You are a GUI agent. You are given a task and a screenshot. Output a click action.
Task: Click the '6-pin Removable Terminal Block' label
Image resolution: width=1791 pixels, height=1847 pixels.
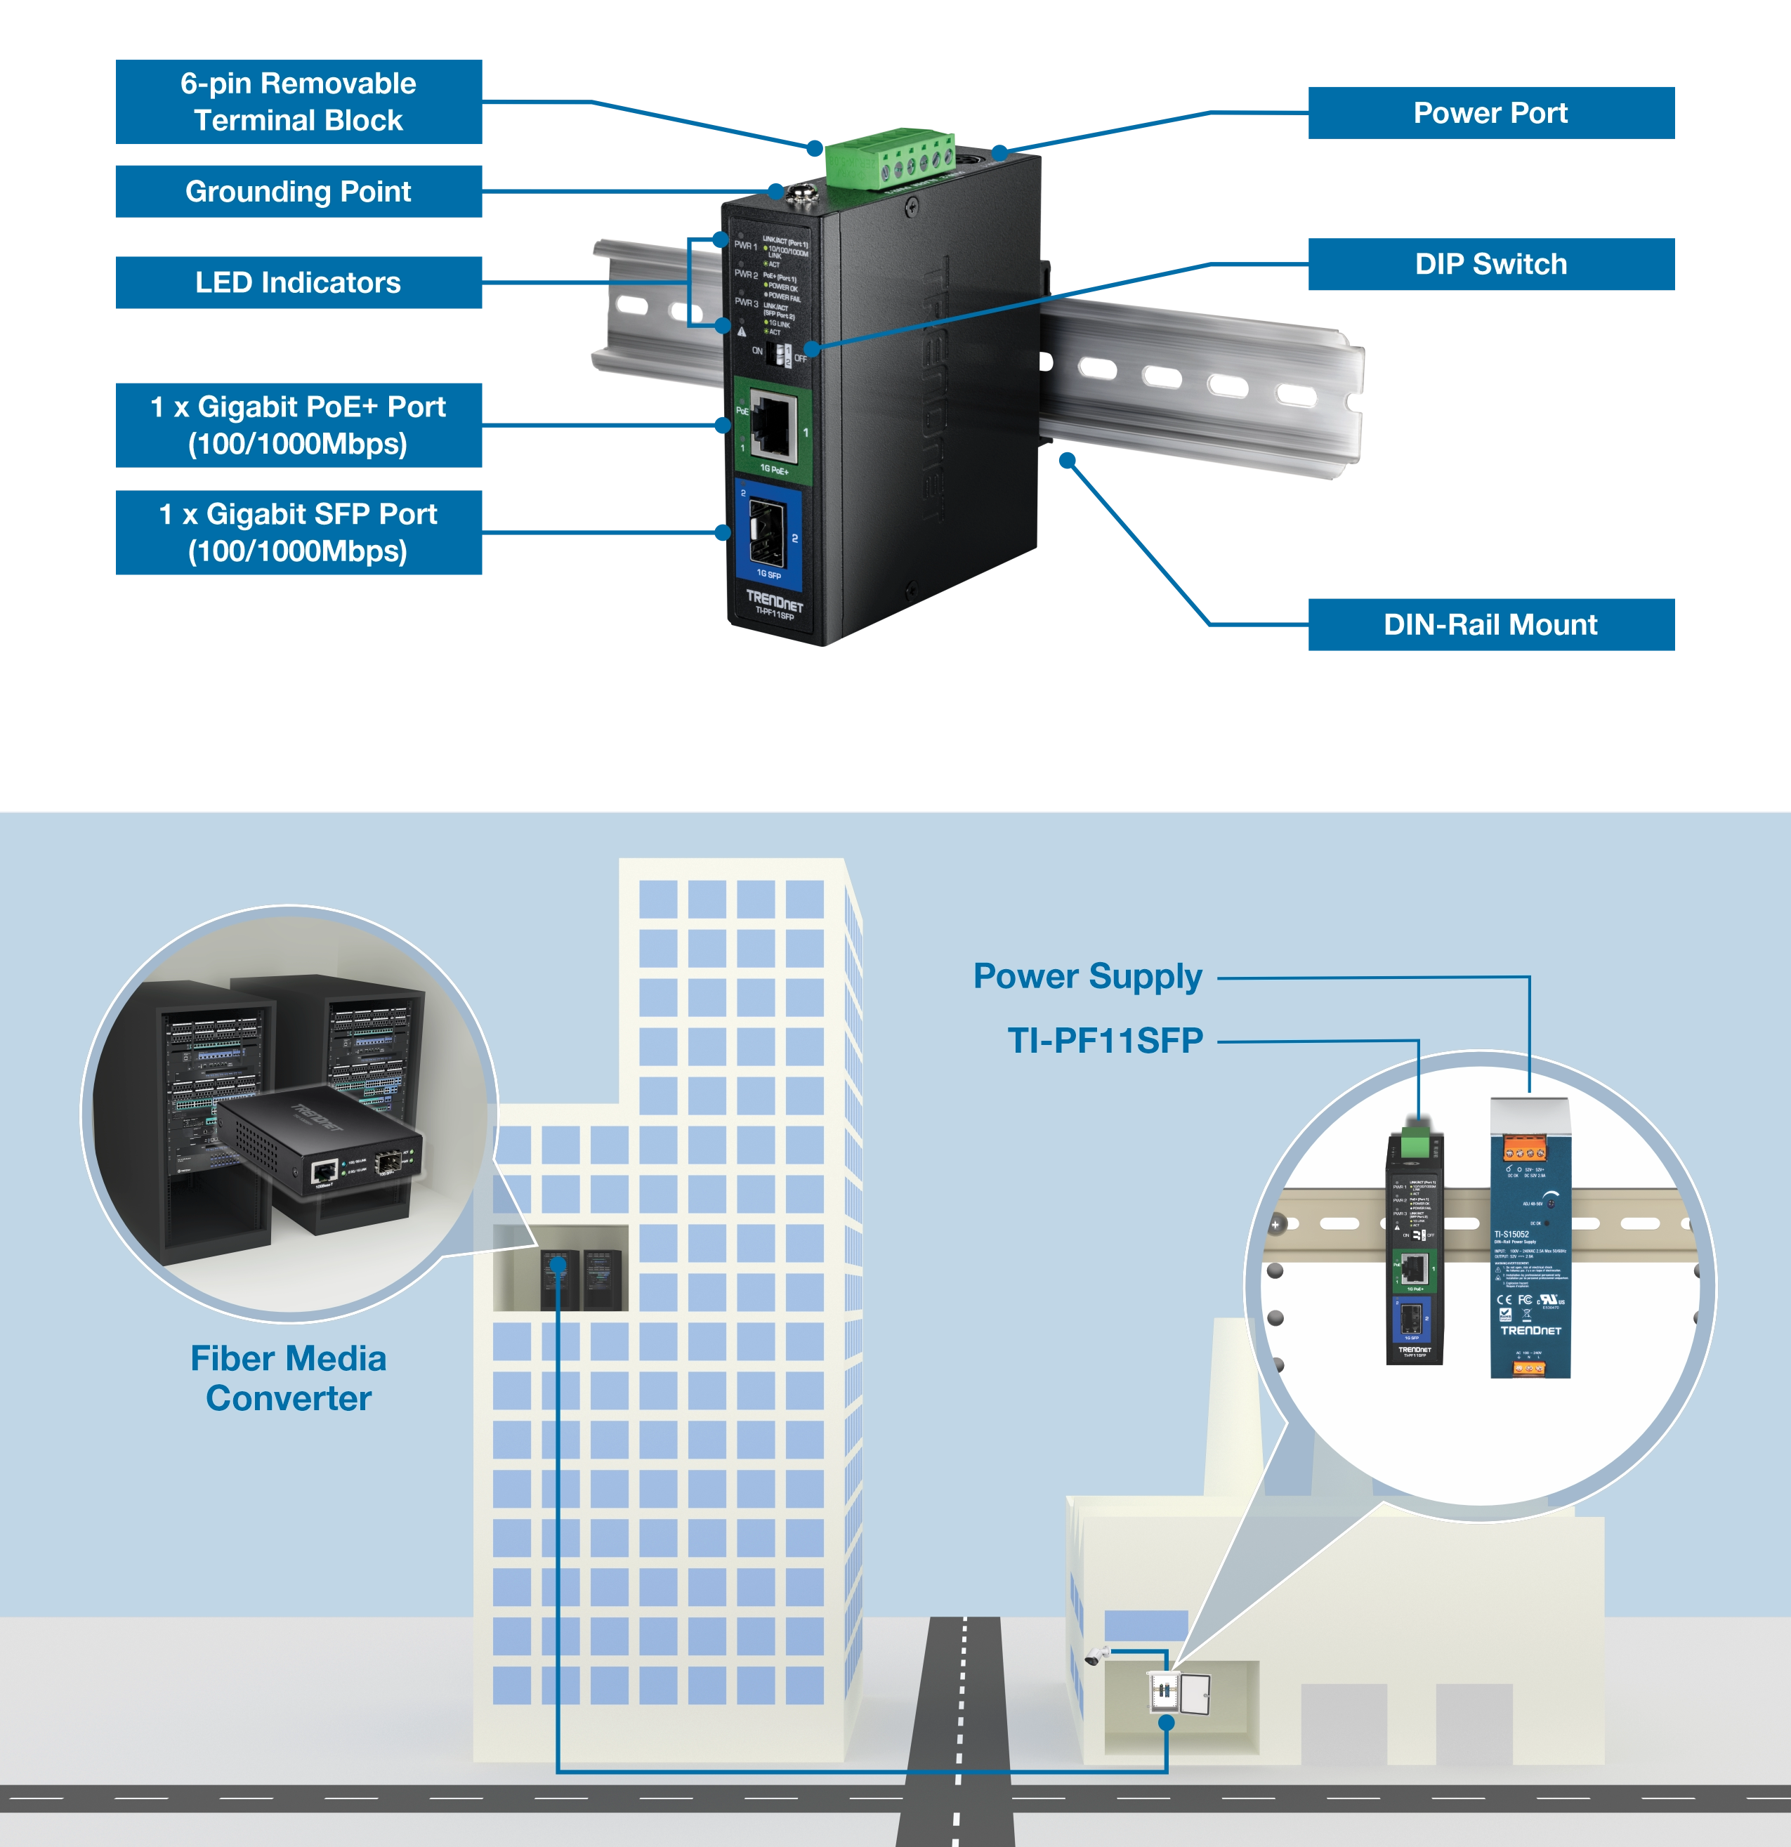[x=298, y=102]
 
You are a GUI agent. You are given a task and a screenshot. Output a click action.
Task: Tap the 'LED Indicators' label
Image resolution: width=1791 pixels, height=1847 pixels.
[x=298, y=283]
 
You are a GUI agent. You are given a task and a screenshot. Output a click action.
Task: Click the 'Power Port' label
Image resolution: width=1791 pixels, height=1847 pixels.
[x=1490, y=113]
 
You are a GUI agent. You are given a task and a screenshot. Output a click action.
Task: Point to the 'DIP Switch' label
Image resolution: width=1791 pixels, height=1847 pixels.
[x=1490, y=264]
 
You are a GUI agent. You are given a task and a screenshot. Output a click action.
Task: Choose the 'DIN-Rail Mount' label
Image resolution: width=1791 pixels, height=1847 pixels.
[x=1490, y=625]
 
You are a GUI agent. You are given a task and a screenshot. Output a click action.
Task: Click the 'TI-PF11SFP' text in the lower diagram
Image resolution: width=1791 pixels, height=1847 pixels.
[x=1105, y=1040]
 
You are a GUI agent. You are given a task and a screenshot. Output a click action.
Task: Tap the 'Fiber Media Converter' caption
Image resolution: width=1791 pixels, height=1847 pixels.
[x=289, y=1378]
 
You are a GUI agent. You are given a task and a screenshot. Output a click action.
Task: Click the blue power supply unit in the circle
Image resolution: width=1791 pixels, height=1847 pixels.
[x=1530, y=1244]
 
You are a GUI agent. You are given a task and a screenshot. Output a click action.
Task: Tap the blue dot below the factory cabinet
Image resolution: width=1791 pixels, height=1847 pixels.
[x=1166, y=1722]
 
